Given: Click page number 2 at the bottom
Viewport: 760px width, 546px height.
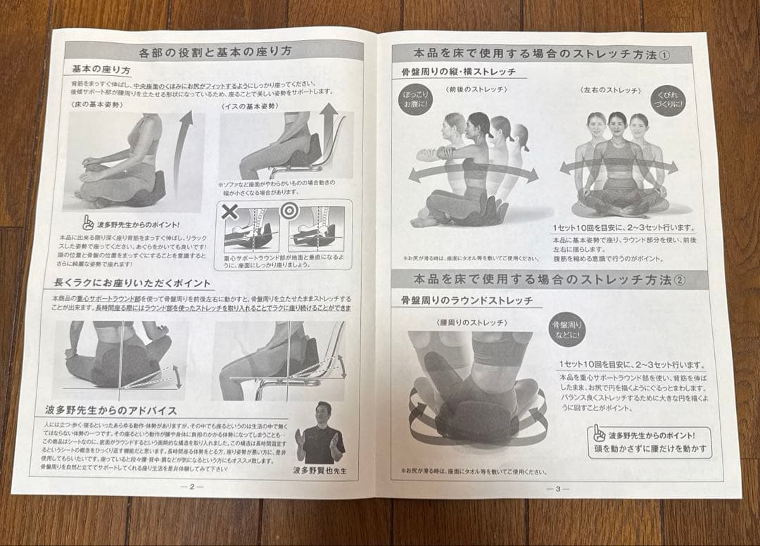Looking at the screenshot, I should (x=191, y=485).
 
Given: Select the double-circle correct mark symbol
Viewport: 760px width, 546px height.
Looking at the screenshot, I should (x=289, y=210).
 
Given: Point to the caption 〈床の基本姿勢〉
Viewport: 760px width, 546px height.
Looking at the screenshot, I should (x=96, y=105).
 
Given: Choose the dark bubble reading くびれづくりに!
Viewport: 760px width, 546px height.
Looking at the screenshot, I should (x=668, y=101).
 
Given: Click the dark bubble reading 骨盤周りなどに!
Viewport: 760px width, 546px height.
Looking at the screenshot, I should (x=567, y=329).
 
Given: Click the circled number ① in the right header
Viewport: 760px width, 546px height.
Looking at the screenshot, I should (x=664, y=56).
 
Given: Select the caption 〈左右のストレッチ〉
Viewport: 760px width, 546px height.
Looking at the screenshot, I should (x=609, y=91).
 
